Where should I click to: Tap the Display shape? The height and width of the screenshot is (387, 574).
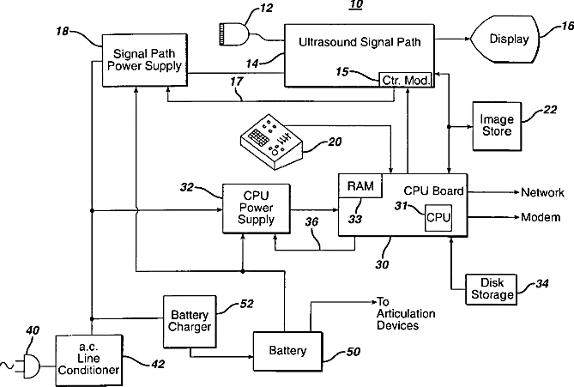click(507, 39)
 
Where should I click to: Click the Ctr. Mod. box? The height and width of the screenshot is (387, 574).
click(408, 79)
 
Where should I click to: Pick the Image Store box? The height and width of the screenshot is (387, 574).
click(496, 124)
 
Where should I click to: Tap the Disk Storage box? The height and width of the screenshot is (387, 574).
click(490, 289)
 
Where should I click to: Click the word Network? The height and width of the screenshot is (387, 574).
click(542, 192)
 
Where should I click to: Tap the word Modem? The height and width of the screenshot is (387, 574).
click(541, 217)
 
